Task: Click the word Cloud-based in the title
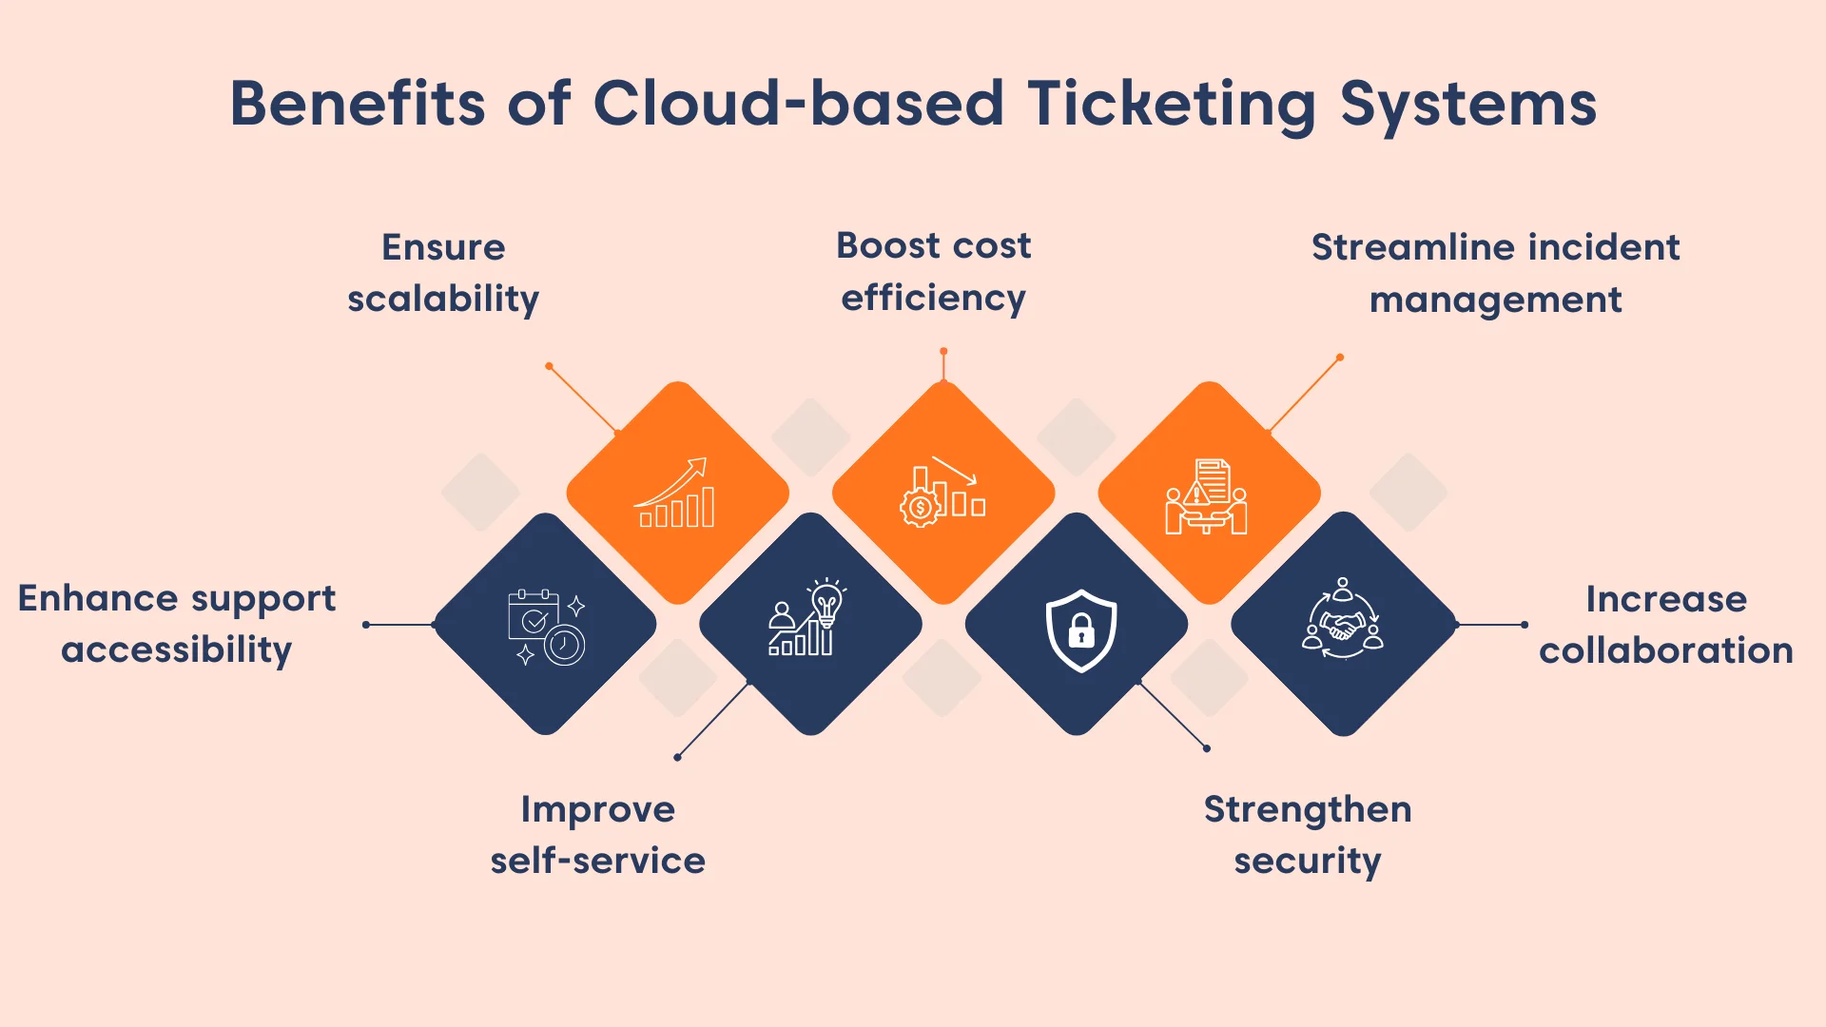point(798,103)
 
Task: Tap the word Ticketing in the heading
point(1172,105)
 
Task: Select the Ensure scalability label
point(443,273)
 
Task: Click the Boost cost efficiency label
point(933,271)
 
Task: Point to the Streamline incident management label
point(1495,273)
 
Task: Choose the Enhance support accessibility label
point(177,624)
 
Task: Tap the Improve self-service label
point(597,834)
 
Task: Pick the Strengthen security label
point(1307,834)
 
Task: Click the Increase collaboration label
point(1665,624)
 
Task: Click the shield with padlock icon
point(1080,629)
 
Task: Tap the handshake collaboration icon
point(1342,619)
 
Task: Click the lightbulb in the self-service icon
point(826,602)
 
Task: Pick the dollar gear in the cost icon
point(920,508)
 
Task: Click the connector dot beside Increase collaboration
point(1525,625)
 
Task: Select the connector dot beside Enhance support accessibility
point(366,625)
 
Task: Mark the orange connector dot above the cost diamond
point(943,352)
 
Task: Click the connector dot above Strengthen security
point(1207,748)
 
